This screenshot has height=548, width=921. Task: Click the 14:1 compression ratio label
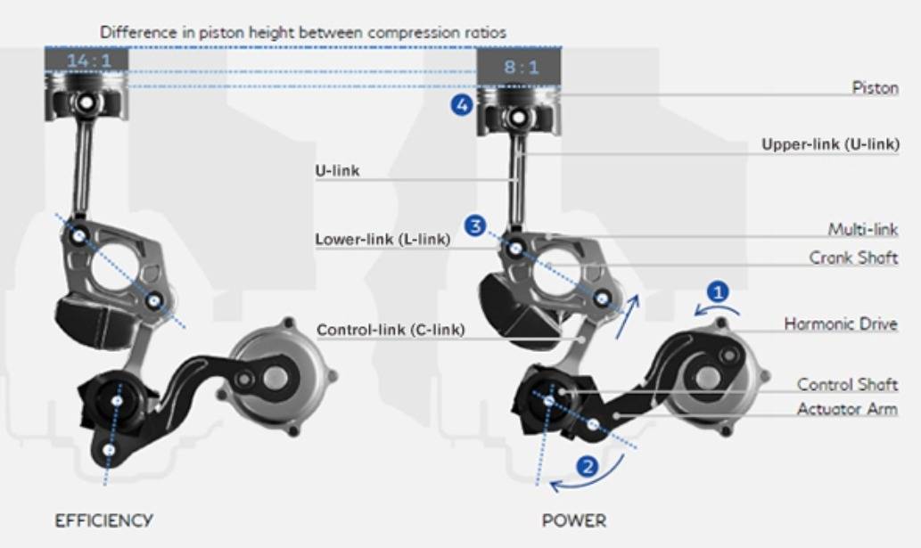tap(88, 61)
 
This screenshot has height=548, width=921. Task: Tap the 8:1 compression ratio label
tap(521, 67)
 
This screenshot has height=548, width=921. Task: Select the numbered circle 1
tap(717, 291)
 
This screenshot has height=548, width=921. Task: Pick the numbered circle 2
tap(587, 467)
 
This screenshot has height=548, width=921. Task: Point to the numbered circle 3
tap(475, 225)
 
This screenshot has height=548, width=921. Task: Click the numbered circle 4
tap(462, 105)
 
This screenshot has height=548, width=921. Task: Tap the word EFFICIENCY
tap(104, 520)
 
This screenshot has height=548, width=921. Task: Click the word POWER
tap(574, 520)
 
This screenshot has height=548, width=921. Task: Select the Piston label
tap(876, 88)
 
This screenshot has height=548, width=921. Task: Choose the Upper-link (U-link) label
tap(831, 144)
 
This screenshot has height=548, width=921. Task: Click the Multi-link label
tap(863, 229)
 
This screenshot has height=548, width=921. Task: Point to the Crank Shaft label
tap(853, 258)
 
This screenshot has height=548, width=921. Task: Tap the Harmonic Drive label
tap(841, 323)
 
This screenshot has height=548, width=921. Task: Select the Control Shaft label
tap(847, 384)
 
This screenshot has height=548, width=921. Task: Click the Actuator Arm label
tap(847, 409)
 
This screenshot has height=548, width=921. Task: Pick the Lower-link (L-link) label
tap(383, 240)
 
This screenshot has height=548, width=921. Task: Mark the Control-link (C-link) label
tap(391, 330)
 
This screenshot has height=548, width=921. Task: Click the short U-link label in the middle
tap(337, 171)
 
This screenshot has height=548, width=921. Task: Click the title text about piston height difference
tap(303, 32)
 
